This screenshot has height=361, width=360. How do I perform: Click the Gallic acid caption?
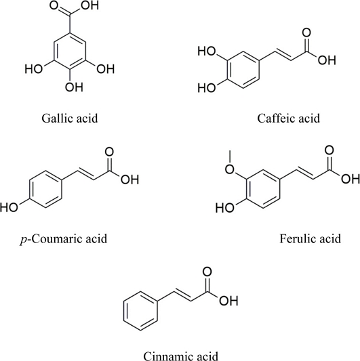70,119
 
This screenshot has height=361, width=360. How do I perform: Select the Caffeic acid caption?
289,119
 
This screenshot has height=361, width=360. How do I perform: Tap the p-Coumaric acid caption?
64,239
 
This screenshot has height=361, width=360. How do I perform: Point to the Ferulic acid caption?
311,238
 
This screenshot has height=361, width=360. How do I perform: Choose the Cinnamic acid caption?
181,356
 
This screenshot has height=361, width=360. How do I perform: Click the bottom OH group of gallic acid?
74,87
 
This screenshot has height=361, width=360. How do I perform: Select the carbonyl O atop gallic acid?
54,5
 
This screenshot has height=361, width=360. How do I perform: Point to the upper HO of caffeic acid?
207,51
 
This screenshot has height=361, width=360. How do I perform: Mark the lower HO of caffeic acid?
207,88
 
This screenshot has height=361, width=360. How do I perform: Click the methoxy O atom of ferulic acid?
230,170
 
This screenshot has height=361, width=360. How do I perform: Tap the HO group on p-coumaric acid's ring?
9,207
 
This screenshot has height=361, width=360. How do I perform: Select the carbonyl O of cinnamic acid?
207,272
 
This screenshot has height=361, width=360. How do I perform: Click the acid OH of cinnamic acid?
228,301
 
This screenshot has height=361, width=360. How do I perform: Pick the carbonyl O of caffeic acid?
306,33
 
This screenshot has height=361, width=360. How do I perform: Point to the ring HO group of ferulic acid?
224,208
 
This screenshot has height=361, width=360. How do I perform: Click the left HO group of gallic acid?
34,69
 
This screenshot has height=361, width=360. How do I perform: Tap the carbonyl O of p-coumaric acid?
109,152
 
